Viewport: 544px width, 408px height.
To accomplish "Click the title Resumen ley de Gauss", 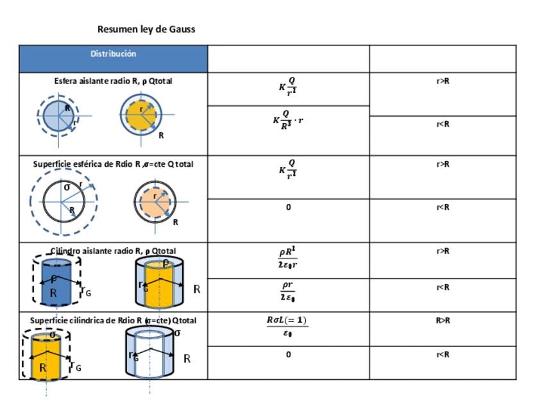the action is click(x=146, y=30).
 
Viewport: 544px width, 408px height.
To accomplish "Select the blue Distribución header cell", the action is click(x=113, y=55).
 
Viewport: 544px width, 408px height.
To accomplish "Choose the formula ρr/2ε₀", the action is click(x=288, y=291).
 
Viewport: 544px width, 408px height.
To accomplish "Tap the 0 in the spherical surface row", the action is click(x=288, y=207).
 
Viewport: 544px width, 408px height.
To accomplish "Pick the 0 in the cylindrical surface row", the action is click(x=288, y=354).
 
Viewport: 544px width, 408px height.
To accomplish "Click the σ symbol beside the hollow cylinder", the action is click(x=177, y=333).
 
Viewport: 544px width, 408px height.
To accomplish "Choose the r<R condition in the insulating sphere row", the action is click(x=443, y=124).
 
